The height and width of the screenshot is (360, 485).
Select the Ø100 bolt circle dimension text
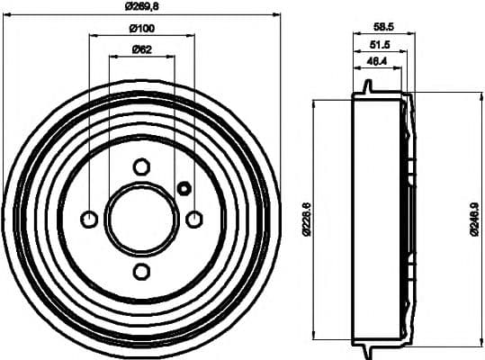[140, 28]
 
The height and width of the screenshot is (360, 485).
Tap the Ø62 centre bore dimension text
[140, 49]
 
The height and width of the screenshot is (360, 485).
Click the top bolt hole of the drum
[141, 166]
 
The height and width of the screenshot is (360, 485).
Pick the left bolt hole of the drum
[89, 219]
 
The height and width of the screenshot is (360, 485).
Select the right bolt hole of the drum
[193, 219]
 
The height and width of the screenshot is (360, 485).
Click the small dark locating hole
[184, 188]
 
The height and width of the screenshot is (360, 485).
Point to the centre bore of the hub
[141, 219]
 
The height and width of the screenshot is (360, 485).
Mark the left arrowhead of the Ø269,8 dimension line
[8, 14]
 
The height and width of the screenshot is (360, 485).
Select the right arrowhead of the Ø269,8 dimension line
[274, 14]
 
